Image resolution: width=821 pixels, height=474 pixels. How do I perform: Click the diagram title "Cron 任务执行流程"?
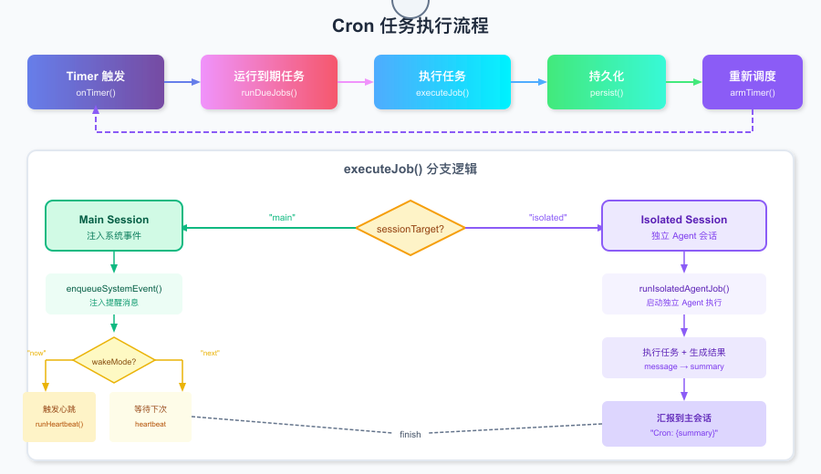tap(410, 26)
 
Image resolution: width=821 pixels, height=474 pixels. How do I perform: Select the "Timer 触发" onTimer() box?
tap(96, 82)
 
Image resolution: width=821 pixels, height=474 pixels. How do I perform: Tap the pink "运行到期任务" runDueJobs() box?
tap(269, 82)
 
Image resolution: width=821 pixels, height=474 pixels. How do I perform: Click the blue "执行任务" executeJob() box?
tap(442, 82)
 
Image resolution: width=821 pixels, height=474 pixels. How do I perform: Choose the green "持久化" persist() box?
tap(607, 82)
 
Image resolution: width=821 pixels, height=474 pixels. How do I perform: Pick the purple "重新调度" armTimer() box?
tap(753, 82)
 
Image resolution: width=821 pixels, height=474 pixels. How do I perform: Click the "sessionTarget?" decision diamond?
tap(410, 228)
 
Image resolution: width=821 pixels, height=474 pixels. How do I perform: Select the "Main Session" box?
tap(114, 226)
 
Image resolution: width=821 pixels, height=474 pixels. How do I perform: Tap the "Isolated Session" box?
tap(684, 226)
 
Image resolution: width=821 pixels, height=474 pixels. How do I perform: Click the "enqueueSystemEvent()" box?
tap(114, 294)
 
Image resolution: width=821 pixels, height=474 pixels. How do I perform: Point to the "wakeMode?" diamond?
tap(114, 361)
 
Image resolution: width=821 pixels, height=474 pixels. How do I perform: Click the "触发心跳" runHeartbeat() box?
tap(59, 417)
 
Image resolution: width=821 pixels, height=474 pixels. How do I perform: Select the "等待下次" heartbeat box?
tap(151, 417)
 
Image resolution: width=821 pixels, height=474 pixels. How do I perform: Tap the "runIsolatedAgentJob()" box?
tap(684, 294)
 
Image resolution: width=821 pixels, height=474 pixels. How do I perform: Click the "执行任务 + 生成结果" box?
tap(684, 358)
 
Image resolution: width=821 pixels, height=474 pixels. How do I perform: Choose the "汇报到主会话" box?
tap(684, 424)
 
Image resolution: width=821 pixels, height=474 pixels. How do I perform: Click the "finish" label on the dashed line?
tap(410, 435)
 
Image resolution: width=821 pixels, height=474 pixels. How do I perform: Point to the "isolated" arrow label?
tap(547, 218)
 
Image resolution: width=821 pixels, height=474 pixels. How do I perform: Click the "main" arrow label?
tap(283, 218)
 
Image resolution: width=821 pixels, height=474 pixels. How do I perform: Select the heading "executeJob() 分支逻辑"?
tap(410, 170)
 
